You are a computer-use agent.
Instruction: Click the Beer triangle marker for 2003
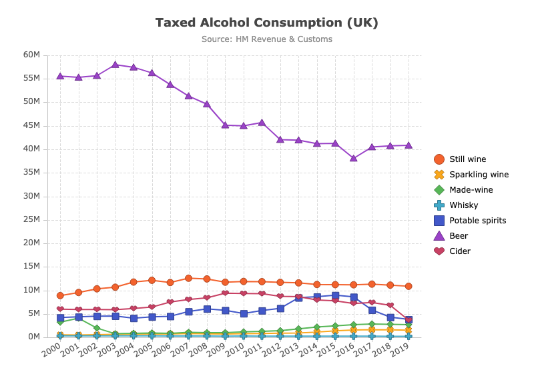(115, 65)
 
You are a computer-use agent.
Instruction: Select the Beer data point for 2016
(354, 158)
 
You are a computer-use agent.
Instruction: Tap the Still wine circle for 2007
(188, 278)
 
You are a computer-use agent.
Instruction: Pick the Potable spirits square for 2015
(335, 295)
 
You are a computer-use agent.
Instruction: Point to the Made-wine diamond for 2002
(97, 328)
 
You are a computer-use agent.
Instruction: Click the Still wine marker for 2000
(60, 295)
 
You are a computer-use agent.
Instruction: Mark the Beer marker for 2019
(409, 145)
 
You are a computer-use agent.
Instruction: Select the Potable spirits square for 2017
(372, 310)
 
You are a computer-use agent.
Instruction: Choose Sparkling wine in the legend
(471, 175)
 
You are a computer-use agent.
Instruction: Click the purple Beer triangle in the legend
(439, 236)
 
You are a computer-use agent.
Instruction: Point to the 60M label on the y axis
(31, 55)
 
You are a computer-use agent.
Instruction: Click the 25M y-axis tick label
(31, 219)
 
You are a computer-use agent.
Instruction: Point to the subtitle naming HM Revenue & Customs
(267, 39)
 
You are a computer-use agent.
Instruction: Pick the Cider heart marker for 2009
(225, 293)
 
